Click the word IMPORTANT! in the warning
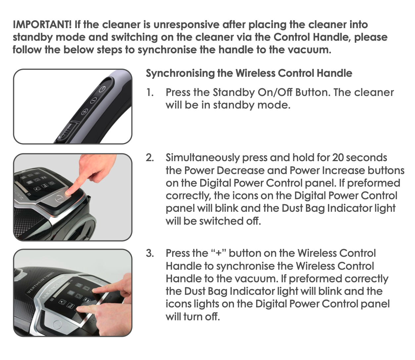pyautogui.click(x=42, y=24)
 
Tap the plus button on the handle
pyautogui.click(x=85, y=112)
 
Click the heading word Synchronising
pyautogui.click(x=180, y=73)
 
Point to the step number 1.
pyautogui.click(x=150, y=93)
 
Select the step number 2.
pyautogui.click(x=150, y=157)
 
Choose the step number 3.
pyautogui.click(x=150, y=253)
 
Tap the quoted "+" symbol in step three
pyautogui.click(x=218, y=253)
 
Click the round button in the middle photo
pyautogui.click(x=59, y=199)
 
